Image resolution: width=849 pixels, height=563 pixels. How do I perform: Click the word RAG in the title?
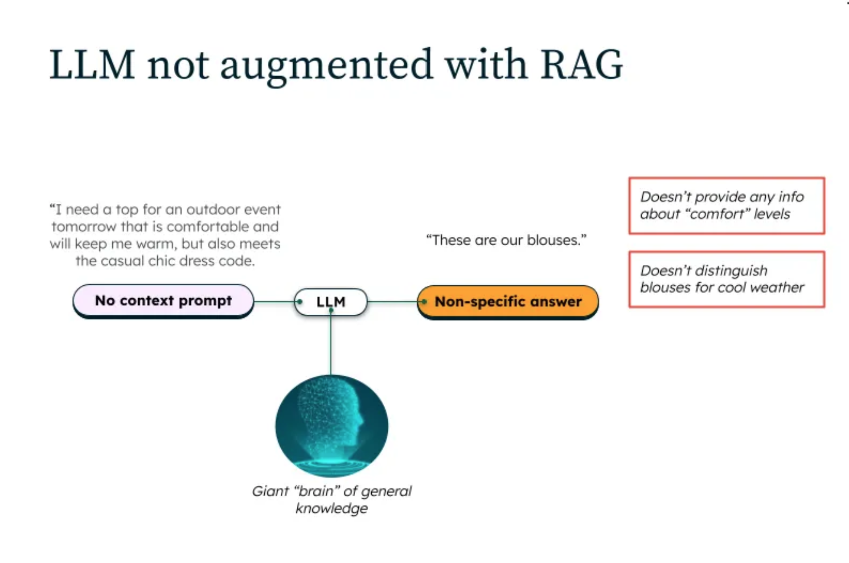[x=581, y=65]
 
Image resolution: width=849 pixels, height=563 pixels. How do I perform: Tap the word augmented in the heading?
[x=326, y=65]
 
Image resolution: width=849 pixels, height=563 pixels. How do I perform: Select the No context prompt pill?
[x=163, y=301]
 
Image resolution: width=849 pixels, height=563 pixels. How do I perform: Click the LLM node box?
[x=331, y=302]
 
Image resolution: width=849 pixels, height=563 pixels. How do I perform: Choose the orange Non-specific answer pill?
[x=508, y=302]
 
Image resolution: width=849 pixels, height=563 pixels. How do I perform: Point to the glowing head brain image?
[x=332, y=426]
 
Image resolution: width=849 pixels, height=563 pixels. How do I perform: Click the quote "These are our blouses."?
[x=506, y=240]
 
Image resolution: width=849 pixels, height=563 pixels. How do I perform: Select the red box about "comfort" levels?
[x=726, y=205]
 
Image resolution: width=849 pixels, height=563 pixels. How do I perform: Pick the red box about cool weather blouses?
[x=726, y=279]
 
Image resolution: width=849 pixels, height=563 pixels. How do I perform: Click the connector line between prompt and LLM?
[x=274, y=302]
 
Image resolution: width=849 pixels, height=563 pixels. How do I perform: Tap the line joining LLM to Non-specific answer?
[x=392, y=302]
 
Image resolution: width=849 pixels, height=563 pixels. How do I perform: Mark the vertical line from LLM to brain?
[x=331, y=345]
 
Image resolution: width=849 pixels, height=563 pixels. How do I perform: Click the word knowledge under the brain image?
[x=332, y=508]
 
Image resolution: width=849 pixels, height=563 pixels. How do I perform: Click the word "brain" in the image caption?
[x=317, y=491]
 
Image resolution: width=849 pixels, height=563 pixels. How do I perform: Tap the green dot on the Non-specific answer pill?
[x=424, y=302]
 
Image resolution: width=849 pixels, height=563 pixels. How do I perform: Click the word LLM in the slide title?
[x=92, y=65]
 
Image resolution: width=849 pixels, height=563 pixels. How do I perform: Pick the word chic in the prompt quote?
[x=162, y=261]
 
